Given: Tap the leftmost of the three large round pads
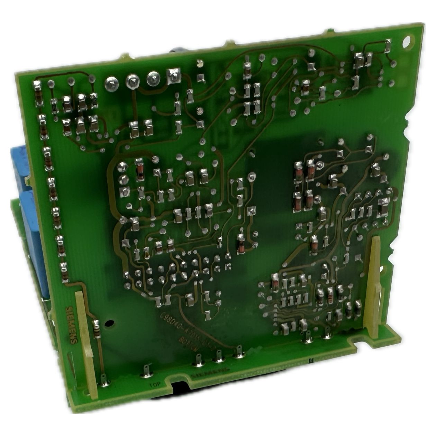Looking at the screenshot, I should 112,82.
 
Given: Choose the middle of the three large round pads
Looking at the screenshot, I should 132,81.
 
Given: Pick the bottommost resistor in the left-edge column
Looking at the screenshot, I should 64,272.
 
